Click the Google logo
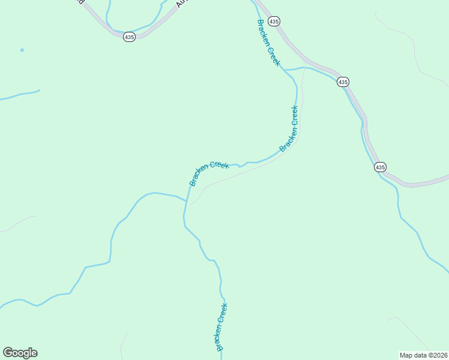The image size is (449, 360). click(20, 353)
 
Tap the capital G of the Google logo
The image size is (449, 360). click(8, 353)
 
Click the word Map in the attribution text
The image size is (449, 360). click(407, 355)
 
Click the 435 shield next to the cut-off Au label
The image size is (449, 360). click(130, 37)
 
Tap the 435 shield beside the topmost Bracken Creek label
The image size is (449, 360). click(274, 21)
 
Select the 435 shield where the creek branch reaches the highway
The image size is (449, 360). click(343, 82)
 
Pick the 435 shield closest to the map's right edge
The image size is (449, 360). click(379, 166)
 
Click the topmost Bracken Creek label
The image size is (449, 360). click(268, 43)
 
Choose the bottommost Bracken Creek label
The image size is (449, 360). click(221, 327)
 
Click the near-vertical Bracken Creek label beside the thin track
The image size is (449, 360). click(289, 128)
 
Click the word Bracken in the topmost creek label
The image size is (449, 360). click(265, 33)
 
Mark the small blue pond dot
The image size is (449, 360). click(22, 50)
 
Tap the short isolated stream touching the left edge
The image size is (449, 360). click(19, 95)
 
